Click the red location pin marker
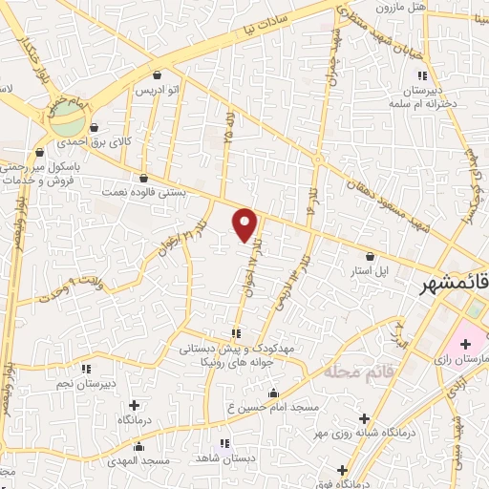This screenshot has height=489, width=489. pyautogui.click(x=245, y=223)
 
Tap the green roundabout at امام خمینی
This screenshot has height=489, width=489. pyautogui.click(x=67, y=123)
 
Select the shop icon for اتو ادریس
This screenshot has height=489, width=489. pyautogui.click(x=157, y=74)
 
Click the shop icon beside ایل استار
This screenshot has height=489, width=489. pyautogui.click(x=371, y=255)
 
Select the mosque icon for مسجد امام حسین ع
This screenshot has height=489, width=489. pyautogui.click(x=274, y=393)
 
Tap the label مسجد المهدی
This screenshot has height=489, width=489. pyautogui.click(x=139, y=460)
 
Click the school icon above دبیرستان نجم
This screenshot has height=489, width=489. pyautogui.click(x=86, y=369)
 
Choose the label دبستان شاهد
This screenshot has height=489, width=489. pyautogui.click(x=224, y=458)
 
